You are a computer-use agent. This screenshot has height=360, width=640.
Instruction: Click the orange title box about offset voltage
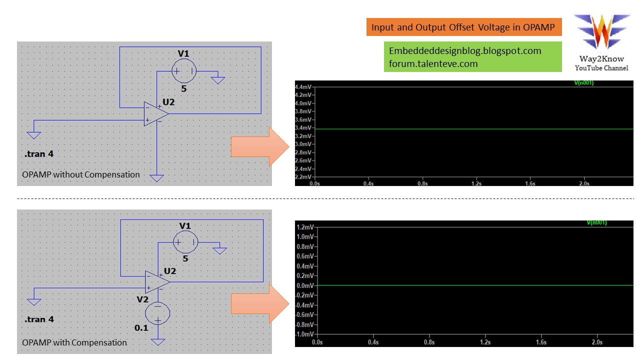click(x=464, y=27)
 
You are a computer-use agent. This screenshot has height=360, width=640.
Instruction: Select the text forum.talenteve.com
click(x=433, y=63)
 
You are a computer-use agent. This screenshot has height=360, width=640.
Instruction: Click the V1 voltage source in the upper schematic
click(x=184, y=71)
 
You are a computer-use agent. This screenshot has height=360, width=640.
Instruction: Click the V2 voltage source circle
click(x=157, y=313)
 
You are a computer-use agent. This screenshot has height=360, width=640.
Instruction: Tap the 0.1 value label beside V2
click(x=141, y=328)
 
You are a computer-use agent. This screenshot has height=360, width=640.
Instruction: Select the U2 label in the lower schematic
click(x=170, y=271)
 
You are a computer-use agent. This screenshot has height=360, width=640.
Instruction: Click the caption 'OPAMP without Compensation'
click(x=81, y=174)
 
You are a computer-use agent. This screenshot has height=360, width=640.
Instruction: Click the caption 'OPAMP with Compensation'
click(x=74, y=342)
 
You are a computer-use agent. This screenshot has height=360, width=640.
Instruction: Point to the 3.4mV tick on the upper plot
click(x=303, y=128)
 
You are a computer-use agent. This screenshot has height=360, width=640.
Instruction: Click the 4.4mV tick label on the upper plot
click(x=303, y=86)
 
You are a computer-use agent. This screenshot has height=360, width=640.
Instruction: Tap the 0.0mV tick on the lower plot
click(x=305, y=285)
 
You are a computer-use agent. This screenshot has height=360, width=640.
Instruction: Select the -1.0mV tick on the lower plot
click(x=305, y=334)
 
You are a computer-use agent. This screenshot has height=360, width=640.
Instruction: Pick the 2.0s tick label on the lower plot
click(x=597, y=342)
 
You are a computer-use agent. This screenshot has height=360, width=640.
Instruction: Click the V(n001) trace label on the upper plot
click(x=583, y=82)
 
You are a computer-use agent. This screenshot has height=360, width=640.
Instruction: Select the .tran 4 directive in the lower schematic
click(x=39, y=319)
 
